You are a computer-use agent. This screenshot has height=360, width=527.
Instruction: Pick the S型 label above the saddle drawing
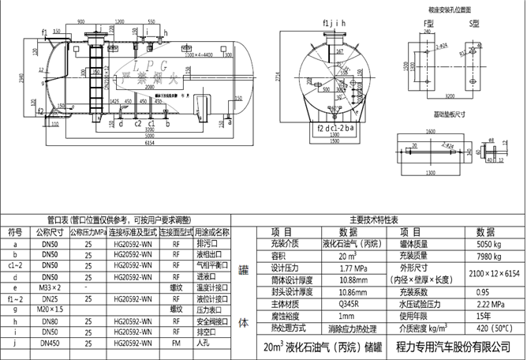(x=476, y=25)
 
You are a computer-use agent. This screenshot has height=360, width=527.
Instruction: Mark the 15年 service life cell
(x=484, y=315)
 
